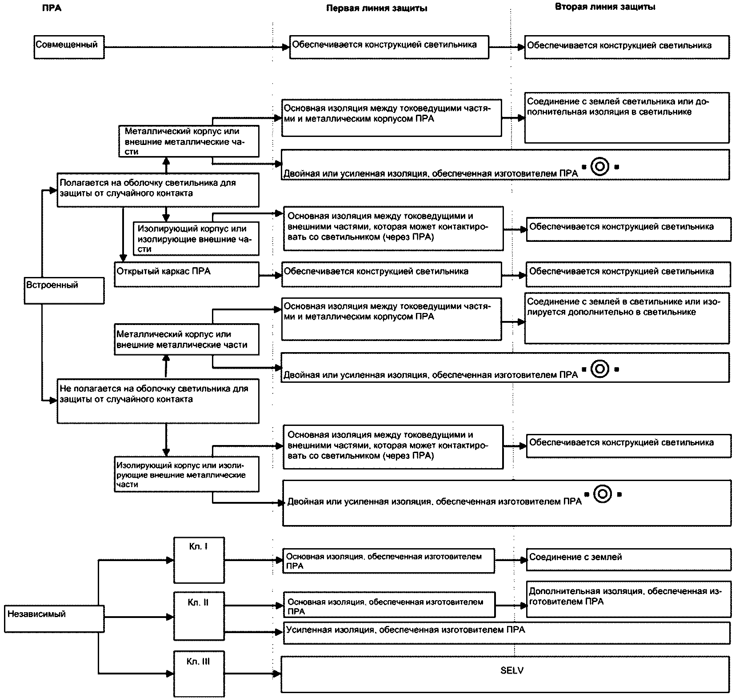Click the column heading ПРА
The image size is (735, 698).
coord(52,8)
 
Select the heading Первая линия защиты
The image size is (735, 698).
coord(377,8)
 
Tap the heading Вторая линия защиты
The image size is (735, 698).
coord(605,7)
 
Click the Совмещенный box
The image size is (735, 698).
coord(69,47)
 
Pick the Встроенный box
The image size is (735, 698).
coord(64,291)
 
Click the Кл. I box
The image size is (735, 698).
coord(199,560)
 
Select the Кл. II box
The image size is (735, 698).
coord(199,615)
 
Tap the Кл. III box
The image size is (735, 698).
coord(199,674)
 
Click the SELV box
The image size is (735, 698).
coord(506,674)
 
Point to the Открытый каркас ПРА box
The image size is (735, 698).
coord(187,274)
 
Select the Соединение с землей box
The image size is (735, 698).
coord(629,559)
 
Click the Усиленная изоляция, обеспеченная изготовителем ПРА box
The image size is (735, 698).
coord(507,633)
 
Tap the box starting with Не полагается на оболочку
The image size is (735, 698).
coord(158,401)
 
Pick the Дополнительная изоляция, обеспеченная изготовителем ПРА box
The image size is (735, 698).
coord(629,599)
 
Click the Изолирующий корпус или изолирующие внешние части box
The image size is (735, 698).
coord(196,239)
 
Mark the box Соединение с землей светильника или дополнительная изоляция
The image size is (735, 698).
coord(627,117)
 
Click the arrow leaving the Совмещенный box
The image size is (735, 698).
coord(197,47)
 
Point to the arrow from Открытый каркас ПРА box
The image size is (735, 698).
coord(271,276)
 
